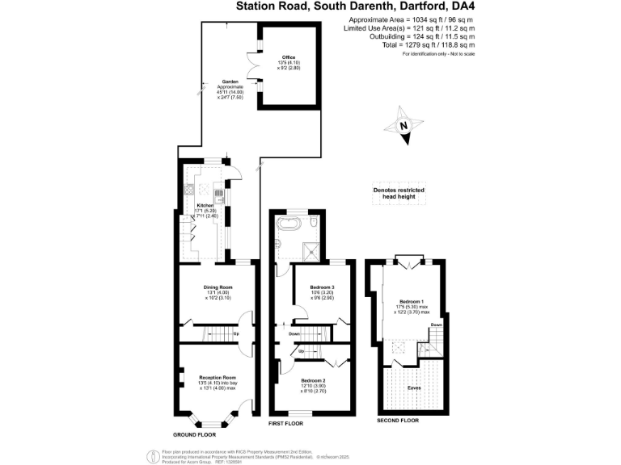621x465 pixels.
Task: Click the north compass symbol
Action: (x=403, y=127)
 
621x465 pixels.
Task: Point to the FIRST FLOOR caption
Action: (x=285, y=423)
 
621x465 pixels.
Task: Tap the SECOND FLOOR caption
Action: (x=399, y=421)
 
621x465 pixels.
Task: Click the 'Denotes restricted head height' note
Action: (x=399, y=193)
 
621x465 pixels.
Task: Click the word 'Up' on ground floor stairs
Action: (x=236, y=333)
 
